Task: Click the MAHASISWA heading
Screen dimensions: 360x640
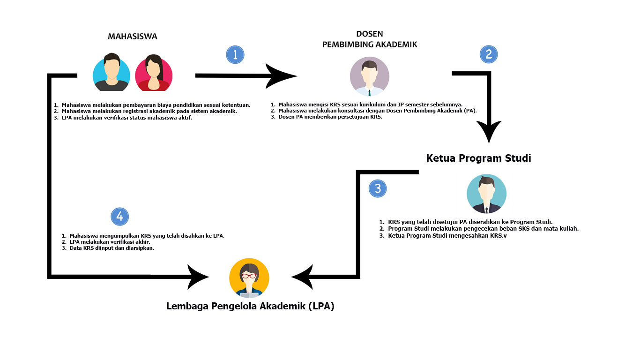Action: click(x=133, y=37)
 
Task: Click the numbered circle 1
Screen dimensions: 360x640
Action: click(x=235, y=54)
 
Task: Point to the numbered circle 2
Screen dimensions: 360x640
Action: click(x=488, y=54)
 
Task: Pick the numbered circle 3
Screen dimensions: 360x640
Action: click(x=378, y=188)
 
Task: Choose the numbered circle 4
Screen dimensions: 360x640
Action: click(x=120, y=217)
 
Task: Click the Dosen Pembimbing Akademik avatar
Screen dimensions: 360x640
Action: click(x=369, y=76)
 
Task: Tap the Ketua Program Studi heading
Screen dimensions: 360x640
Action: click(x=478, y=158)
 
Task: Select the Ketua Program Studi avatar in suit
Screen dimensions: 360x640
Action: click(x=486, y=194)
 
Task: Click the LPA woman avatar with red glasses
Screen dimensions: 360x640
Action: click(x=249, y=278)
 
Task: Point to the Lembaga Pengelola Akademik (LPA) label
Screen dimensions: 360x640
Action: click(x=250, y=307)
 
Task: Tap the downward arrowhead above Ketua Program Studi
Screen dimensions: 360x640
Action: click(x=489, y=131)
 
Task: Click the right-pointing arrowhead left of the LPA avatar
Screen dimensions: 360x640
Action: click(x=198, y=277)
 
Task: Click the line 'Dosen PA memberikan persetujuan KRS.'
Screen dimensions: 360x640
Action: click(x=330, y=117)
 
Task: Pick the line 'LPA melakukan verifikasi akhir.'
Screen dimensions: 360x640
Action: click(x=110, y=242)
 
